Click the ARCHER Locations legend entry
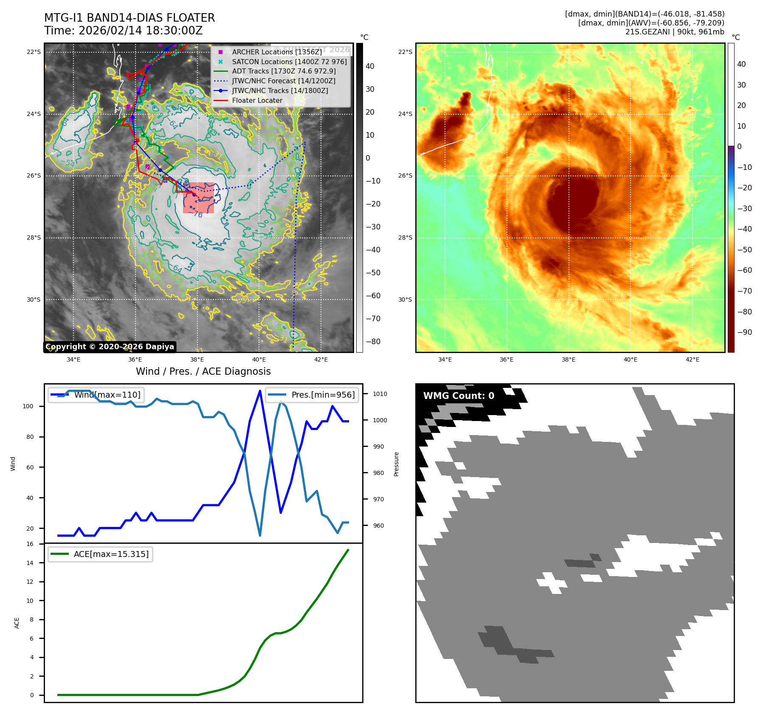[x=276, y=52]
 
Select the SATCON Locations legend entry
[x=289, y=62]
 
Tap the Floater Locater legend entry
[x=257, y=100]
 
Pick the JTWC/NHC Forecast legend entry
[x=283, y=81]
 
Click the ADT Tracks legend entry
[x=284, y=71]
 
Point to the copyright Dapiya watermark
[x=110, y=347]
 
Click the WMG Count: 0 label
[x=459, y=396]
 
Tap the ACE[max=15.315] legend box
[x=101, y=554]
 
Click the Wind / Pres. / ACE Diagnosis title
[x=203, y=371]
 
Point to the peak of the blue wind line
[x=260, y=391]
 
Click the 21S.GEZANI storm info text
[x=674, y=32]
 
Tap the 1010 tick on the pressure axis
[x=380, y=394]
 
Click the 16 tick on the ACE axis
[x=30, y=544]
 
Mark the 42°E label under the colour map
[x=692, y=359]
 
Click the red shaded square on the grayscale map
[x=198, y=198]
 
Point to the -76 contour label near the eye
[x=197, y=215]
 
